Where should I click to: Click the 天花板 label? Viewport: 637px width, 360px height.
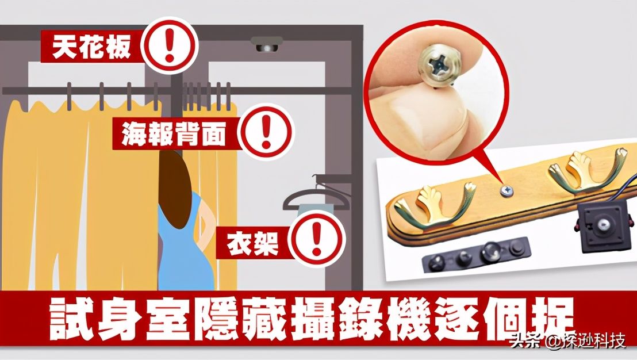point(92,47)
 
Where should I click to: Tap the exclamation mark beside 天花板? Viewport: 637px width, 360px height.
point(170,45)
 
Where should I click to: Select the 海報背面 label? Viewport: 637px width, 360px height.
point(174,133)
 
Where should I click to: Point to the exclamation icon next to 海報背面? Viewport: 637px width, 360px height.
point(266,132)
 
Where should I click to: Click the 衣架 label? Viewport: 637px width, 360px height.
point(252,243)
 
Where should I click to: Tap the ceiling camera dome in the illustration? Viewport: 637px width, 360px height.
point(267,45)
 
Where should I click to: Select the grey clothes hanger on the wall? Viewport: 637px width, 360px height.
point(316,195)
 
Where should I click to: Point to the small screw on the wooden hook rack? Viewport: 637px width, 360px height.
point(506,190)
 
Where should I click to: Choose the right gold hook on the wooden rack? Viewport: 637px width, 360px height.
point(586,170)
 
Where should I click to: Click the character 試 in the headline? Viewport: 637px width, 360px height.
point(72,319)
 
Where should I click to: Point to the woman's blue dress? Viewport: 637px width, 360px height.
point(187,248)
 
